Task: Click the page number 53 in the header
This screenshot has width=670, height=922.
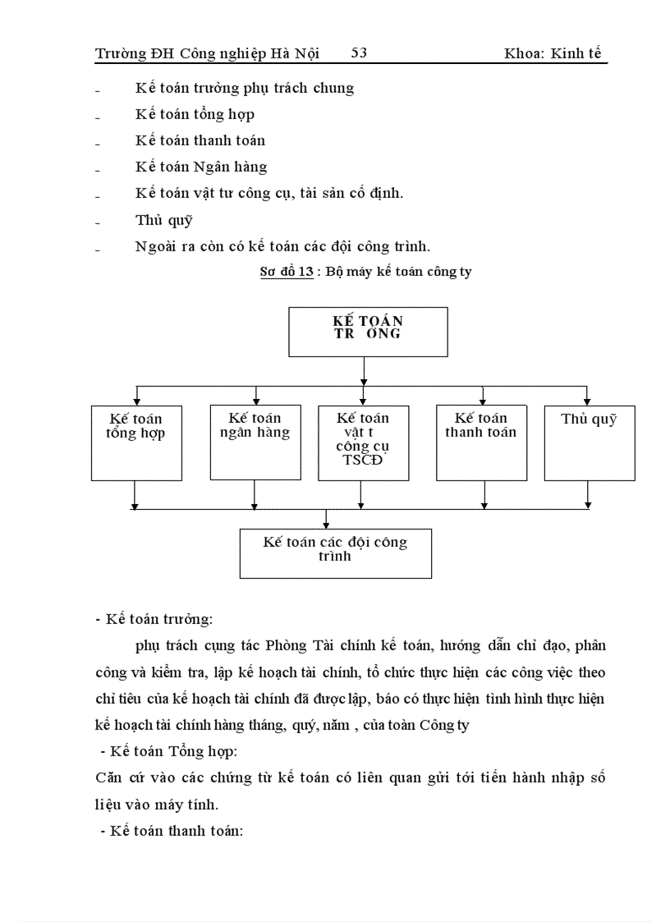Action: [359, 53]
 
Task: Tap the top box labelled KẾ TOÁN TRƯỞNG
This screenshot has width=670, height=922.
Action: [368, 332]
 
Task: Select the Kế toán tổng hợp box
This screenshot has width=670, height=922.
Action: [136, 443]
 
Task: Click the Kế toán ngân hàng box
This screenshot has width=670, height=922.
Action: [255, 442]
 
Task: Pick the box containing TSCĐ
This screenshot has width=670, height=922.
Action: [363, 443]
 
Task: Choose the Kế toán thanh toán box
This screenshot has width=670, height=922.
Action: [481, 443]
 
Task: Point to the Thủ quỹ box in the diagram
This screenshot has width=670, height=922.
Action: [589, 443]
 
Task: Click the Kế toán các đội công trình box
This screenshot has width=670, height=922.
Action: [335, 553]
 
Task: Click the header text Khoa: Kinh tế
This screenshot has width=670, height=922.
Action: [555, 53]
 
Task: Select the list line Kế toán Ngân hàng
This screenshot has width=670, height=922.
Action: [201, 167]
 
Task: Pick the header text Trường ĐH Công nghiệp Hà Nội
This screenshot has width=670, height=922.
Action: [207, 53]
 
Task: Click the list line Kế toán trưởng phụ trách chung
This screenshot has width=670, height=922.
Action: [245, 88]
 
